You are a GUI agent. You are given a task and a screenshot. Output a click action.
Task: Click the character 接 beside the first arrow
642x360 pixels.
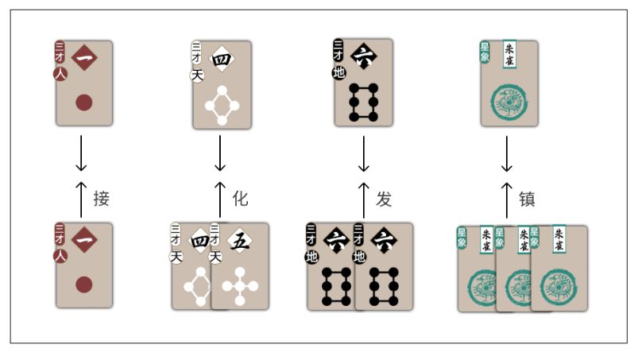[101, 199]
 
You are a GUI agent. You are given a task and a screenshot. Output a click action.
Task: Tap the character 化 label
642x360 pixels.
[241, 199]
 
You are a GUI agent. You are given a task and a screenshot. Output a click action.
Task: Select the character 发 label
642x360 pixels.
[385, 199]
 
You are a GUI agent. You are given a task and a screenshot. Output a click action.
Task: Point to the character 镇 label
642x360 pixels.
[527, 199]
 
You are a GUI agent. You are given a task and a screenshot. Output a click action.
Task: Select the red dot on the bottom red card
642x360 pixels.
[83, 284]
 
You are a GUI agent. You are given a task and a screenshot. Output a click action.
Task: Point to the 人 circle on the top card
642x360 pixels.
[60, 73]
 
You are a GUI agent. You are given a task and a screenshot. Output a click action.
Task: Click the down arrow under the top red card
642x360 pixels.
[80, 153]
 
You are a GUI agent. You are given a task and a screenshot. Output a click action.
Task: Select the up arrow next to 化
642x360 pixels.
[220, 199]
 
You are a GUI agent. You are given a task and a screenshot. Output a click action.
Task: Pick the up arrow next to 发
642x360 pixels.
[363, 199]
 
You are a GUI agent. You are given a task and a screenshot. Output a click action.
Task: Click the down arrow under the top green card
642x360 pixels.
[506, 153]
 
